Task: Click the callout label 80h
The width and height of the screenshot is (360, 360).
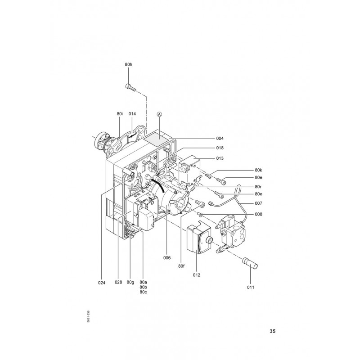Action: click(x=129, y=64)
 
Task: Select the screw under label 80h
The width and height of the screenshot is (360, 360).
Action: click(x=131, y=87)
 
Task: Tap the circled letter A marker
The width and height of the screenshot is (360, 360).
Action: click(x=159, y=114)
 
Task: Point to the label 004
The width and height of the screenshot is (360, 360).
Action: click(x=220, y=139)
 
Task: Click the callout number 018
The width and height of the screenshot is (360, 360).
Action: click(x=220, y=148)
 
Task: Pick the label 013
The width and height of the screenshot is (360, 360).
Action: click(x=220, y=158)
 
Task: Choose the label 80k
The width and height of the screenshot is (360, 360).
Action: click(x=258, y=170)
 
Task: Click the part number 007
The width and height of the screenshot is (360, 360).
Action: click(x=258, y=203)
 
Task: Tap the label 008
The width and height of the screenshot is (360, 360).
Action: click(x=258, y=214)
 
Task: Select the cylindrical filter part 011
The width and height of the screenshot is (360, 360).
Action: click(x=250, y=263)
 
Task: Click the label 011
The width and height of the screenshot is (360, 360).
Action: click(x=251, y=287)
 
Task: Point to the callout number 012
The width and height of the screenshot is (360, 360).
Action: click(x=197, y=275)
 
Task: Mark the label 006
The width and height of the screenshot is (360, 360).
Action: click(x=167, y=258)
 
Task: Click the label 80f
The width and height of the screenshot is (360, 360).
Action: click(x=181, y=266)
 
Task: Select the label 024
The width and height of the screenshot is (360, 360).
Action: click(x=102, y=283)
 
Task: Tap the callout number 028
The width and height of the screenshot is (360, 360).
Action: click(x=118, y=282)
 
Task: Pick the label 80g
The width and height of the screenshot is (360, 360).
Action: click(x=130, y=282)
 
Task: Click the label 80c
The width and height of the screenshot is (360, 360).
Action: click(x=143, y=292)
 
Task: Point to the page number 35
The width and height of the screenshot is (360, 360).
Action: click(x=272, y=331)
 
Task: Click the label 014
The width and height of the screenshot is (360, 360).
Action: click(x=132, y=114)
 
